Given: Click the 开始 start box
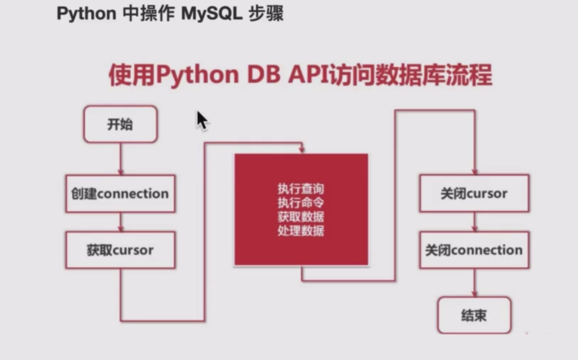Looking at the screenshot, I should point(120,125).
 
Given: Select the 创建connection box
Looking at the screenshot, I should point(120,194).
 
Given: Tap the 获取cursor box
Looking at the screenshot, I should point(120,250).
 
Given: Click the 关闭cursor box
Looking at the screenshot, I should point(474,194).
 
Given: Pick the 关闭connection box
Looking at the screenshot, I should point(474,250).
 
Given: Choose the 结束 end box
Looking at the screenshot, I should point(474,315).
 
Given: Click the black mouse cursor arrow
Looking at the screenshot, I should point(202,120).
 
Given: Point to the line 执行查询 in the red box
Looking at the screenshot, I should point(301,189).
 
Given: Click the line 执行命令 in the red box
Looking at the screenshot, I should point(301,202).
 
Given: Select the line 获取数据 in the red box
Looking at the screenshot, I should point(301,217).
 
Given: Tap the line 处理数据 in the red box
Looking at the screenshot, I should point(301,231).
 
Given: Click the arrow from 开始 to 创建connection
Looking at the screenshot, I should point(120,158).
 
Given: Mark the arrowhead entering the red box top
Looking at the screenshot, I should point(302,150).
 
